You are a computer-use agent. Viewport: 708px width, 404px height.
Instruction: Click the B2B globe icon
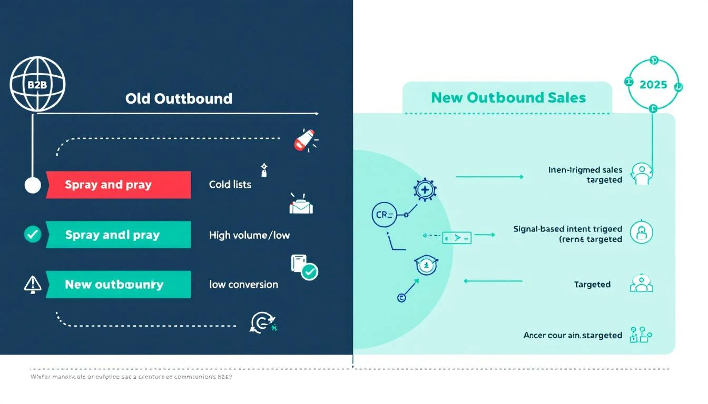pyautogui.click(x=37, y=85)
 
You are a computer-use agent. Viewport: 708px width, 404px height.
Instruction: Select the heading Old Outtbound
pyautogui.click(x=179, y=98)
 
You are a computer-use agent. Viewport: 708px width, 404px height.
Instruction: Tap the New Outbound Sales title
pyautogui.click(x=508, y=97)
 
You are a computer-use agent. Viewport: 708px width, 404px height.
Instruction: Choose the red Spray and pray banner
pyautogui.click(x=118, y=185)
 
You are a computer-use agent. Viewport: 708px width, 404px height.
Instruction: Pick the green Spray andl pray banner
pyautogui.click(x=118, y=235)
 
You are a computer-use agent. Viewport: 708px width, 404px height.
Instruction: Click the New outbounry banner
pyautogui.click(x=118, y=285)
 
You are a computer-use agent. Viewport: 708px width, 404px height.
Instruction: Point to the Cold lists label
pyautogui.click(x=230, y=185)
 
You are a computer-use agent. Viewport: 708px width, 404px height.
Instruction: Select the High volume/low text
pyautogui.click(x=249, y=235)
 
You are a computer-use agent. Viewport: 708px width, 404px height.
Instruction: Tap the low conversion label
pyautogui.click(x=243, y=285)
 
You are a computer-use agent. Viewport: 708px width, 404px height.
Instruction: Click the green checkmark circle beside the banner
pyautogui.click(x=33, y=235)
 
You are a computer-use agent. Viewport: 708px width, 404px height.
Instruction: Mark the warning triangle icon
pyautogui.click(x=33, y=284)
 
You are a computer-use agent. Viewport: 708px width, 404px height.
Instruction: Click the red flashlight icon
pyautogui.click(x=304, y=140)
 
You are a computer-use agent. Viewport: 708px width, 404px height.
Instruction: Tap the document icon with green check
pyautogui.click(x=303, y=267)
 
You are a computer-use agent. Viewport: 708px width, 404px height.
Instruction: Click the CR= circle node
pyautogui.click(x=383, y=215)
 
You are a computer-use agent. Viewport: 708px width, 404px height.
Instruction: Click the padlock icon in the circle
pyautogui.click(x=641, y=232)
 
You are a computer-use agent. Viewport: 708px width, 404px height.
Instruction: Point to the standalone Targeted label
pyautogui.click(x=592, y=285)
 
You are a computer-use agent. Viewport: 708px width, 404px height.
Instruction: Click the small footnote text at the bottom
pyautogui.click(x=131, y=377)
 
